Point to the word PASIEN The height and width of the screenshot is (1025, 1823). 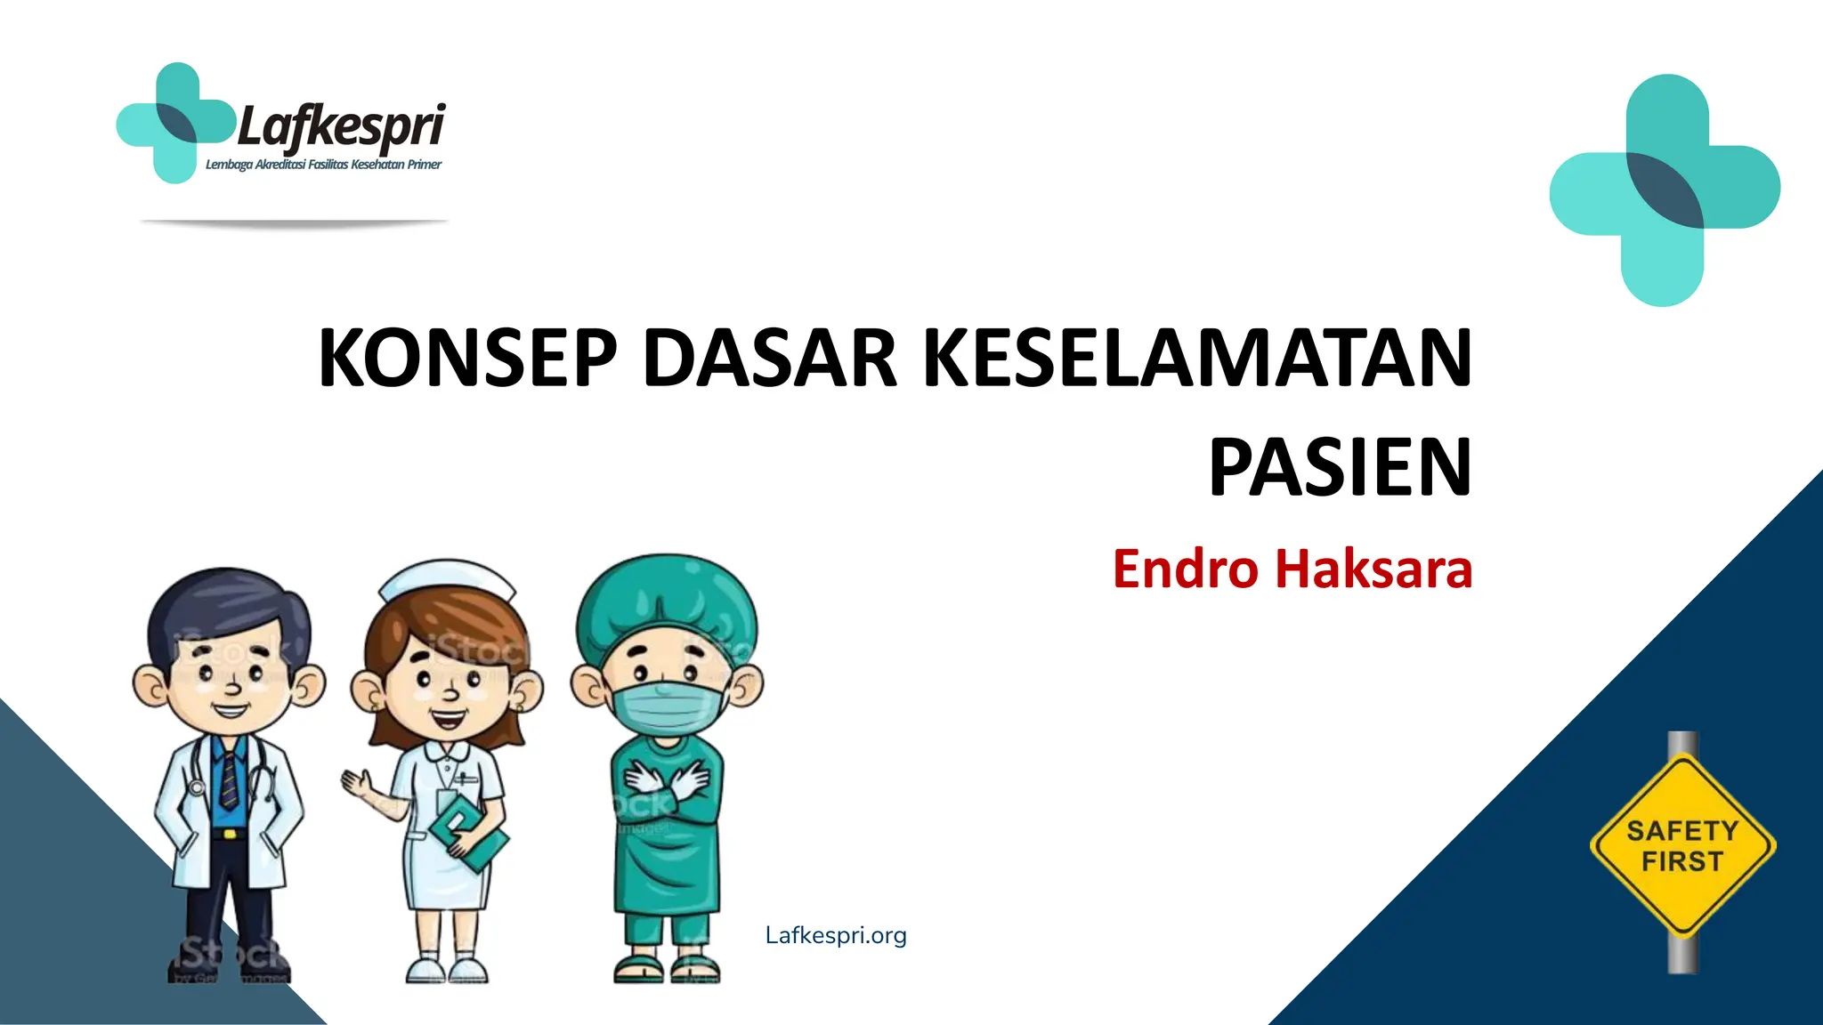click(x=1340, y=468)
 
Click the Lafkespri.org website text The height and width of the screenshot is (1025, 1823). click(x=836, y=935)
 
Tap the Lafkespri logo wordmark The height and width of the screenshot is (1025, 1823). click(x=341, y=126)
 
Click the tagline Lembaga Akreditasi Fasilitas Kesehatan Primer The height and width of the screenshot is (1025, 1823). click(x=323, y=165)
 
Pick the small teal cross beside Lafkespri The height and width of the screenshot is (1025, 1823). click(x=174, y=123)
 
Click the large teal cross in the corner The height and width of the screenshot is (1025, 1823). click(x=1665, y=190)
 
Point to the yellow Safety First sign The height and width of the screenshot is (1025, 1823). click(x=1682, y=845)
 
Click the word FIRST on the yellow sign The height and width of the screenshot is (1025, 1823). click(x=1682, y=861)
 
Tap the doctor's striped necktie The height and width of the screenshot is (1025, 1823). click(x=230, y=779)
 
